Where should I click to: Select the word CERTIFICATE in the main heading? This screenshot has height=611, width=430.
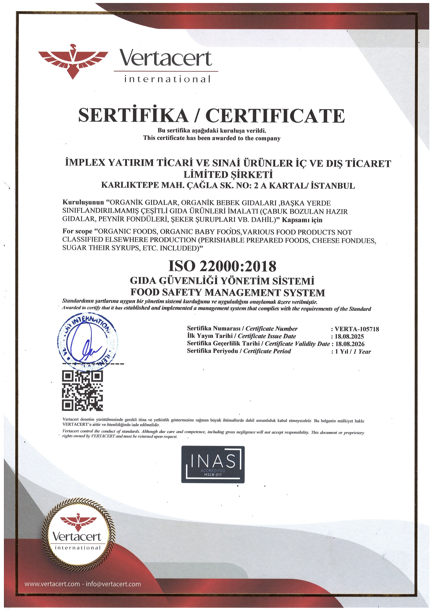coord(275,115)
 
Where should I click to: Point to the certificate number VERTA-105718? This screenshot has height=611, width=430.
coord(357,329)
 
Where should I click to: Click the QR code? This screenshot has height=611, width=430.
coord(82,390)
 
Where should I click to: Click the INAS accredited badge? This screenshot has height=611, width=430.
coord(213,464)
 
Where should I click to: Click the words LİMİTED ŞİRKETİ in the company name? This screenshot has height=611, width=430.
coord(228,175)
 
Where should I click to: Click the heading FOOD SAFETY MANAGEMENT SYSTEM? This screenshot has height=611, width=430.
coord(227,292)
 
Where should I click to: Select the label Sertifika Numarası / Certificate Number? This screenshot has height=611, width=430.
coord(242,329)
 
